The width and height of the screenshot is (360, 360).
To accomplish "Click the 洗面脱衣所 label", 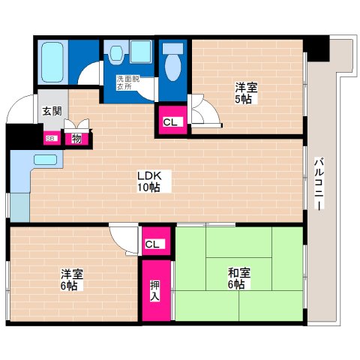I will click(x=124, y=82).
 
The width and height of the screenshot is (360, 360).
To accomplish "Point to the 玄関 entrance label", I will click(x=52, y=112).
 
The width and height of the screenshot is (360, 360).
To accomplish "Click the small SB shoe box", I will click(x=51, y=137).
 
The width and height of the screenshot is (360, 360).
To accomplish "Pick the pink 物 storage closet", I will click(x=76, y=137).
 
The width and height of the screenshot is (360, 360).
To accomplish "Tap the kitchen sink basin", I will click(x=46, y=160).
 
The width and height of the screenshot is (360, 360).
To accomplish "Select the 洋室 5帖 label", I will click(x=243, y=92).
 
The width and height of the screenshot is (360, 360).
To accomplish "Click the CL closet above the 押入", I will click(x=153, y=244).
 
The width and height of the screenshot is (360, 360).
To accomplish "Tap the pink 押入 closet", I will click(x=154, y=289).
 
